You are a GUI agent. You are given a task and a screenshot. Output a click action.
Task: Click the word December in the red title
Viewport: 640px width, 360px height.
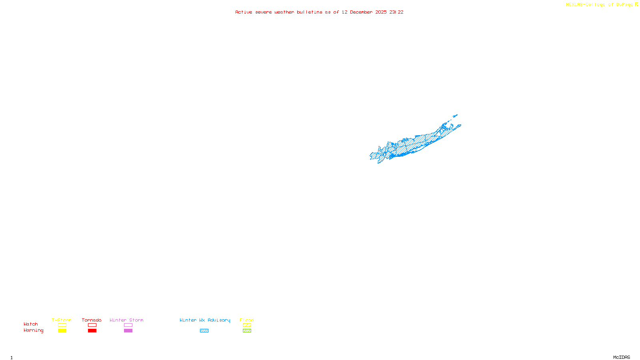pyautogui.click(x=361, y=12)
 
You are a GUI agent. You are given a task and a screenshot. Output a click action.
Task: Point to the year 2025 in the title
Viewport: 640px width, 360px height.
pyautogui.click(x=381, y=12)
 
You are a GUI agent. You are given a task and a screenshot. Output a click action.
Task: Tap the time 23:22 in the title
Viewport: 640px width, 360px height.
pyautogui.click(x=396, y=12)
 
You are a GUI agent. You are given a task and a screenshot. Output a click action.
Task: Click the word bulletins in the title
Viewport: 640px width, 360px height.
pyautogui.click(x=310, y=12)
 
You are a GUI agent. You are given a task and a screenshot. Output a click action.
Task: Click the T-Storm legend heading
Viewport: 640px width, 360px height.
pyautogui.click(x=62, y=320)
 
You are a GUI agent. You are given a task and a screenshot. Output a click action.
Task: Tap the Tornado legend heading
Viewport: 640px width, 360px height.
pyautogui.click(x=92, y=320)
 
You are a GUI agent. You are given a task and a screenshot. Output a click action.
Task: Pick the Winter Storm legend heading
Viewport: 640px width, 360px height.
pyautogui.click(x=126, y=320)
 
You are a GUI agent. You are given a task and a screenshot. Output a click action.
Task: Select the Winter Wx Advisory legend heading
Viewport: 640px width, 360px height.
pyautogui.click(x=205, y=320)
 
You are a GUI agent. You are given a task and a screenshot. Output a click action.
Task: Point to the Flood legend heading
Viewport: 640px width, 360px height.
pyautogui.click(x=247, y=320)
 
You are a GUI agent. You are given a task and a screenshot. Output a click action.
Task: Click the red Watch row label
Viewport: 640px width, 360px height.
pyautogui.click(x=31, y=324)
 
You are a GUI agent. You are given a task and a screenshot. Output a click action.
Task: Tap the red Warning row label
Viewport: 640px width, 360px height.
pyautogui.click(x=33, y=330)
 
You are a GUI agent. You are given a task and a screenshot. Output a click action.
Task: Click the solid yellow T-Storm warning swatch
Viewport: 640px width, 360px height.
pyautogui.click(x=62, y=331)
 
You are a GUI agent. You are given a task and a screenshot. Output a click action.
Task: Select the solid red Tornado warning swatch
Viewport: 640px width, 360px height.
pyautogui.click(x=92, y=331)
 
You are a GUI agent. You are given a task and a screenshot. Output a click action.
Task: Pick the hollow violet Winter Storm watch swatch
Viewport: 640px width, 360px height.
pyautogui.click(x=128, y=325)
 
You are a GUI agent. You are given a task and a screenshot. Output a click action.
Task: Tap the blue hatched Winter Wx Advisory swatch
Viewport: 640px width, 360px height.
pyautogui.click(x=204, y=331)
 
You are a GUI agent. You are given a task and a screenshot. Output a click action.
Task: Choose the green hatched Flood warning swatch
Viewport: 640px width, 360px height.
pyautogui.click(x=247, y=331)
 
